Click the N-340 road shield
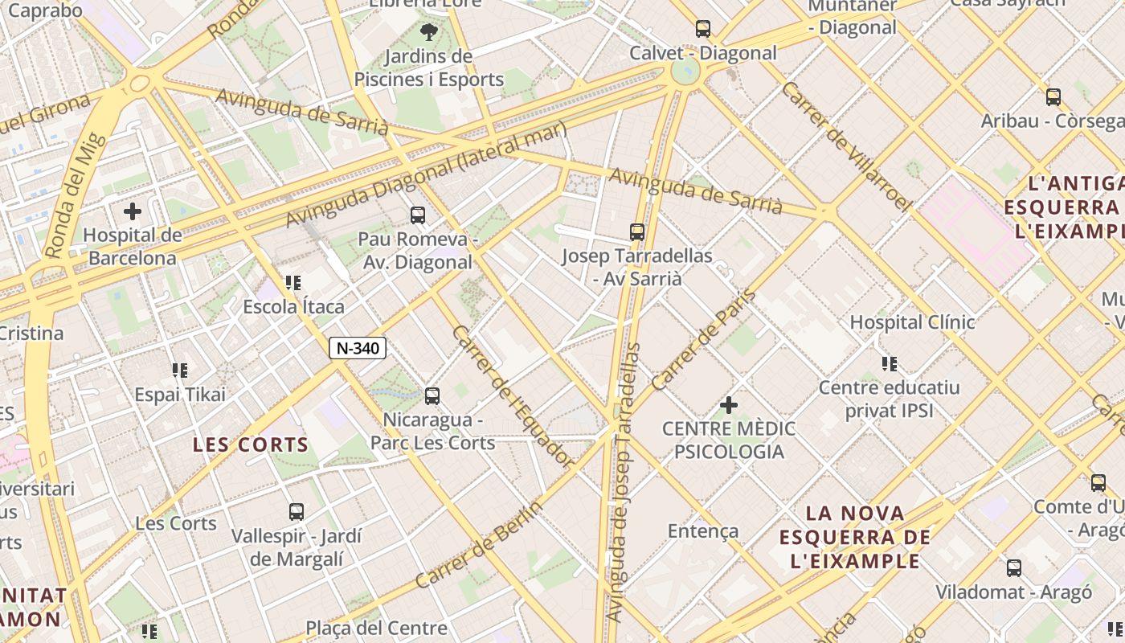[x=358, y=348]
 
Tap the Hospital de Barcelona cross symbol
[x=133, y=212]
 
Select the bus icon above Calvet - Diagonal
[x=703, y=29]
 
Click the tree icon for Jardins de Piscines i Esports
[x=429, y=32]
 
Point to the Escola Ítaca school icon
[x=293, y=283]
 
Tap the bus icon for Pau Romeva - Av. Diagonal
[x=418, y=215]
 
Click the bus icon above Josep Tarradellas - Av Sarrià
[x=637, y=232]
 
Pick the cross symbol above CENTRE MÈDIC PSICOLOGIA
[x=729, y=405]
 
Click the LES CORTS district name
[x=251, y=444]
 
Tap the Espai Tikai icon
[x=180, y=371]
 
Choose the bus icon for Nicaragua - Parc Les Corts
[x=432, y=395]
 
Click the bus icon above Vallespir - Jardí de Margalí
[x=297, y=511]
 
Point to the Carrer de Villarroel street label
[x=846, y=146]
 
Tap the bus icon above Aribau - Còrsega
[x=1053, y=97]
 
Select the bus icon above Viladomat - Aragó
[x=1014, y=568]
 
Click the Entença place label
[x=703, y=531]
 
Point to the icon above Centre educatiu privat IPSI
[x=889, y=364]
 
